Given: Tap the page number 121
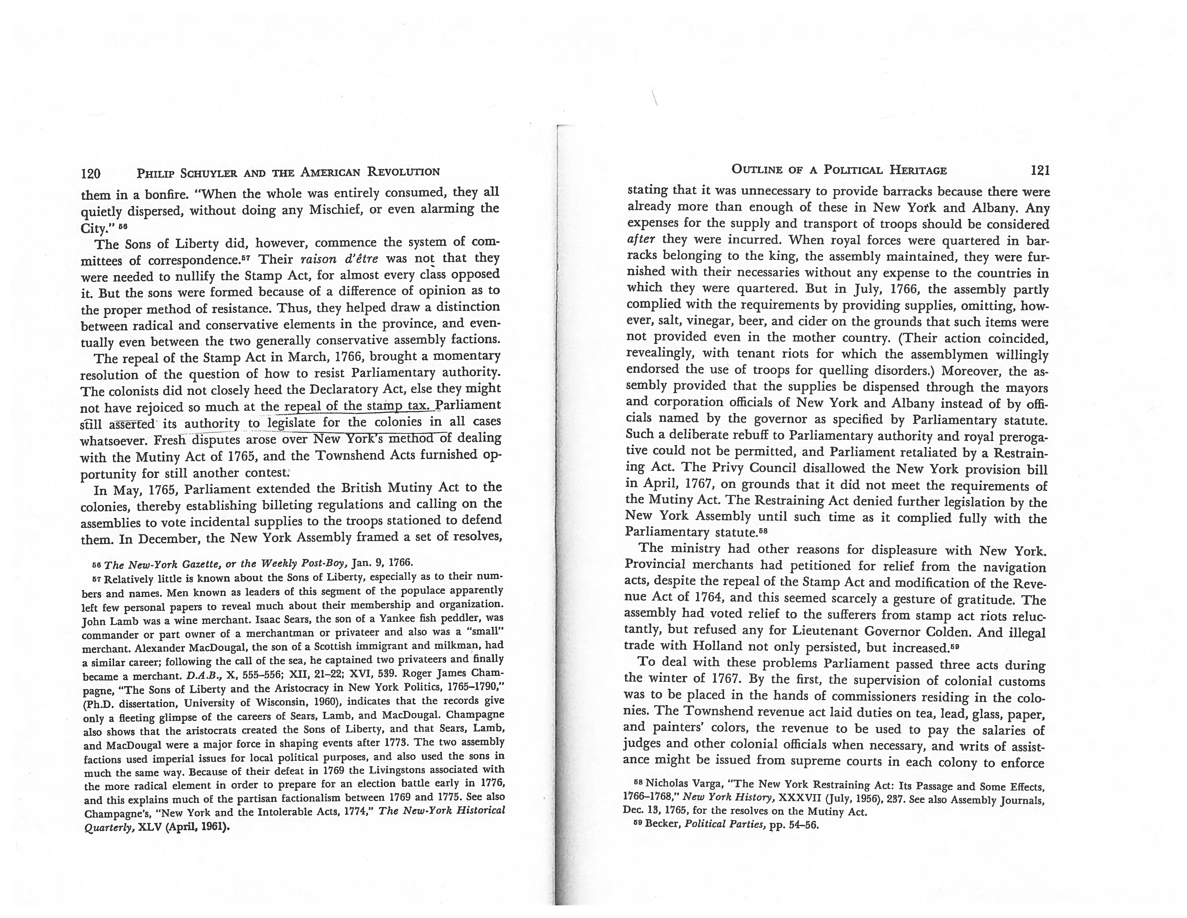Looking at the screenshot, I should tap(1040, 170).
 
